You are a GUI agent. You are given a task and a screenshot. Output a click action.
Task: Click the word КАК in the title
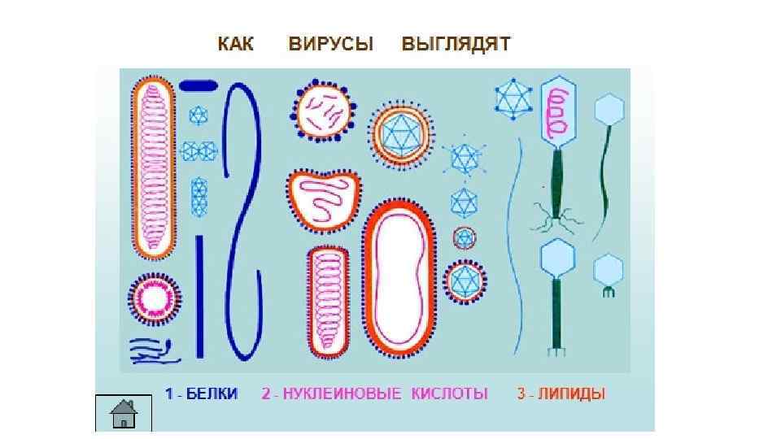coord(235,44)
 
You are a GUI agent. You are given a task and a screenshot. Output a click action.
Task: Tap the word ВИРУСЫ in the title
coord(330,44)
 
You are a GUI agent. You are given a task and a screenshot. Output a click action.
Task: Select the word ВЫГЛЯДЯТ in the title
coord(456,44)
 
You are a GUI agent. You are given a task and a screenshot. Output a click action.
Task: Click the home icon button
coord(124,414)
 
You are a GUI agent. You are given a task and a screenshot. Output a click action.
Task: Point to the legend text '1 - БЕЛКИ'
coord(202,394)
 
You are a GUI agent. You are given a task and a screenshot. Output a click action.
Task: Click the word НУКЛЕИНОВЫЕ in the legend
coord(343,394)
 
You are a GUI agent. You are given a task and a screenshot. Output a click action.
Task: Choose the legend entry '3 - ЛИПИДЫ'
coord(561,394)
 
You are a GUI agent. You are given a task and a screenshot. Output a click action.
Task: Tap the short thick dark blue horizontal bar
coord(198,85)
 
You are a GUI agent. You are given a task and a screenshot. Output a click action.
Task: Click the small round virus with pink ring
coord(155,298)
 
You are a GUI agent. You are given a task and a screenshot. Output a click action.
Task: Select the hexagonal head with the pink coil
coord(560,110)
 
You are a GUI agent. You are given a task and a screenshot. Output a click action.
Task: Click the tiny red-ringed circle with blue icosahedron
coord(465,238)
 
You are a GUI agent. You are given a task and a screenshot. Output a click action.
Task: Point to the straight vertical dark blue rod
coord(199,297)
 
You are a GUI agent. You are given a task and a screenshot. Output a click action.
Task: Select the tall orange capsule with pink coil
coord(154,167)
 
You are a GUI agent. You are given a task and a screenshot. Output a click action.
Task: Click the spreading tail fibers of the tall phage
coord(557,218)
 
